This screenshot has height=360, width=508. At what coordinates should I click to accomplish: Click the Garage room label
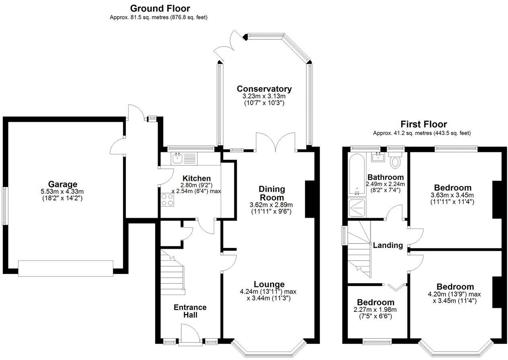[x=63, y=184]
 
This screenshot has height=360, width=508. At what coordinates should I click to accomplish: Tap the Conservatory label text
[x=264, y=89]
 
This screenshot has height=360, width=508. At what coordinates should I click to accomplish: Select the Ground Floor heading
[x=160, y=8]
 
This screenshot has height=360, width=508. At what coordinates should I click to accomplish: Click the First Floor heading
[x=424, y=125]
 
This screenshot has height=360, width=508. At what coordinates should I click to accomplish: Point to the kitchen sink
[x=177, y=158]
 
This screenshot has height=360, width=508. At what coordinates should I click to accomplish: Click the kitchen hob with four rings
[x=168, y=199]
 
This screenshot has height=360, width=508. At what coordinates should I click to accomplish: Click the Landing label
[x=388, y=245]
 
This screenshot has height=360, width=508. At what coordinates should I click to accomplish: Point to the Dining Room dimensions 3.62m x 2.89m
[x=271, y=205]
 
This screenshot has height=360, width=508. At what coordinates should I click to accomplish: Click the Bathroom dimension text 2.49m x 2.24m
[x=385, y=184]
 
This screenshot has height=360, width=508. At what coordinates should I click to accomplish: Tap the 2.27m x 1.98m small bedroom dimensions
[x=375, y=309]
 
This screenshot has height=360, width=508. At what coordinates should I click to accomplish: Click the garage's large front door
[x=66, y=268]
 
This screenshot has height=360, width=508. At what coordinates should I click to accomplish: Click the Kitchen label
[x=196, y=178]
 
